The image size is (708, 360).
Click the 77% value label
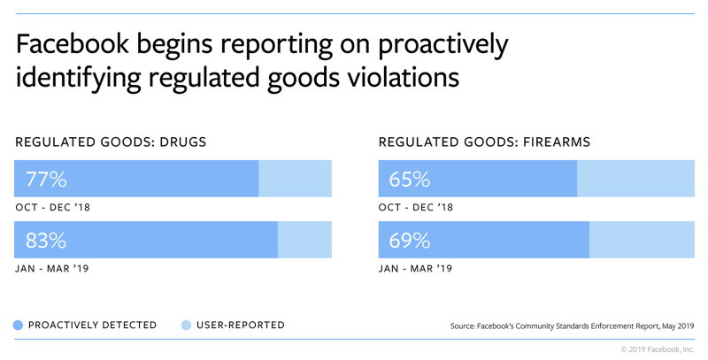(47, 179)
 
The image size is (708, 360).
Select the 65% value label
(410, 179)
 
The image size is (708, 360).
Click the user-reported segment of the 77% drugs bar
(295, 179)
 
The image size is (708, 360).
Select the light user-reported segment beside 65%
(636, 179)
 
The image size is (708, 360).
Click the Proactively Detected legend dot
(19, 325)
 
